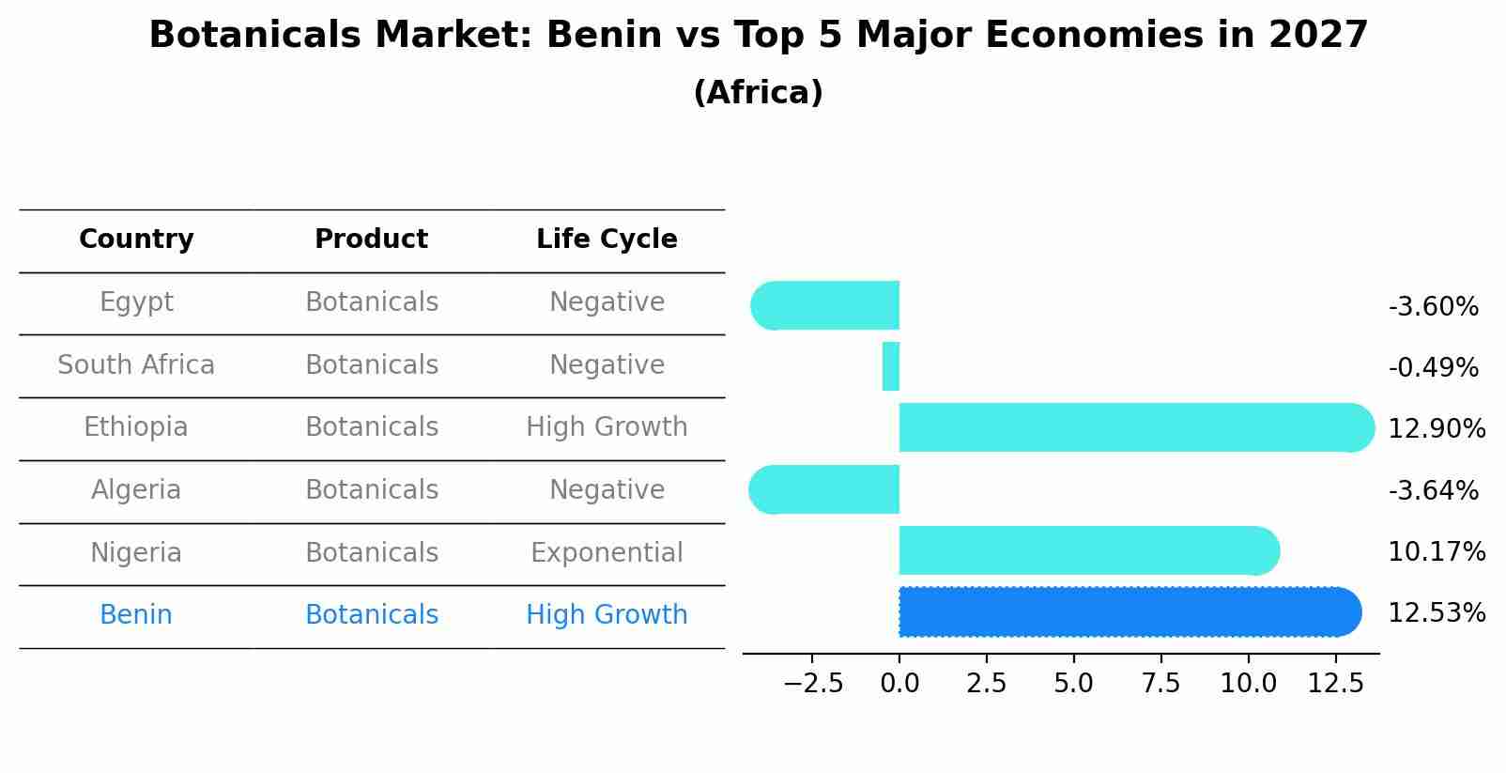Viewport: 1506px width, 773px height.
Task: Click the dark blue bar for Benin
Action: [x=1127, y=611]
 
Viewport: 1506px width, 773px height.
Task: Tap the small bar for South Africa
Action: [x=891, y=366]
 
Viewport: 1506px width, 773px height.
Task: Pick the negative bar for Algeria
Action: [x=826, y=489]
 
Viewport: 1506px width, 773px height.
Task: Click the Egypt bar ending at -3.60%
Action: [x=826, y=305]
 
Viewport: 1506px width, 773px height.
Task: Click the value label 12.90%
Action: [x=1436, y=429]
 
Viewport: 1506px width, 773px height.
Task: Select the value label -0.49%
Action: [x=1433, y=368]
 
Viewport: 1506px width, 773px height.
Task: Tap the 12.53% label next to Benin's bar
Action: [x=1436, y=613]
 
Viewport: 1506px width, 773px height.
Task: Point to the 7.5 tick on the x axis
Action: [x=1160, y=684]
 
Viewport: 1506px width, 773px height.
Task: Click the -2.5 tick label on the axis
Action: [x=813, y=684]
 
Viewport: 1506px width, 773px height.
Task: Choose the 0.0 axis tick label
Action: [x=899, y=684]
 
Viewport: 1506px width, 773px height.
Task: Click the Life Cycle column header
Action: [x=607, y=240]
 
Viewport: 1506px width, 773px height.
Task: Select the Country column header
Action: [x=136, y=240]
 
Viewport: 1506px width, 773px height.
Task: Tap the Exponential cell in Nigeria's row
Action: [x=607, y=553]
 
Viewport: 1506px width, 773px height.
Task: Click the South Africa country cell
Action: [x=136, y=365]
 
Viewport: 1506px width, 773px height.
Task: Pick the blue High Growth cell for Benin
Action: [x=607, y=615]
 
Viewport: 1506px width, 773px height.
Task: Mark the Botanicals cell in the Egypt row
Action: [x=372, y=302]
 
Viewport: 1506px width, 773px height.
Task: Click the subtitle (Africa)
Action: [x=758, y=93]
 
